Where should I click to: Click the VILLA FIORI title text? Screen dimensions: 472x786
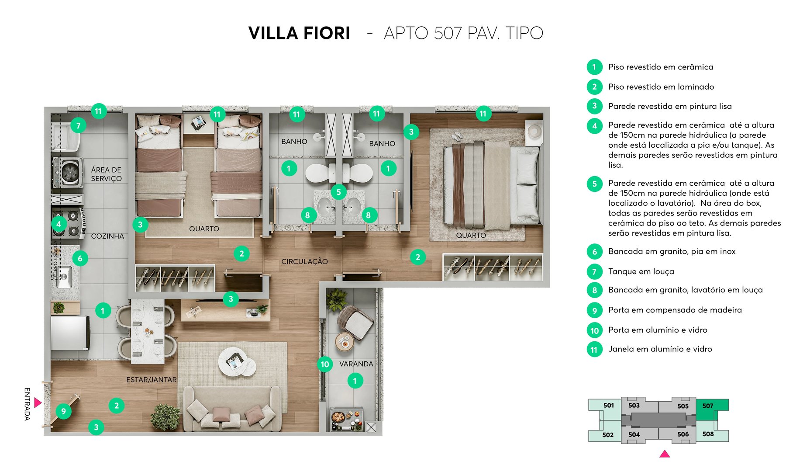299,33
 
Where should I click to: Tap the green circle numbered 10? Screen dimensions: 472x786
325,364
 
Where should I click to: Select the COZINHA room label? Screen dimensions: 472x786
107,236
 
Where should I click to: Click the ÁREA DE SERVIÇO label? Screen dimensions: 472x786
106,174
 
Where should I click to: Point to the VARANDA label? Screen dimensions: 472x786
356,364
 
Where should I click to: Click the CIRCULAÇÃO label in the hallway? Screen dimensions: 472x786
304,261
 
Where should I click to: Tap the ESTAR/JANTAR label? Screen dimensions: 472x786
151,380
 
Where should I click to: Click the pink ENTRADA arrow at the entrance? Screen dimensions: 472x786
38,403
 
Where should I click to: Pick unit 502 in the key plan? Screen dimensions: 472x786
607,435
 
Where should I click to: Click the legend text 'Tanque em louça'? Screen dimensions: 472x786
641,271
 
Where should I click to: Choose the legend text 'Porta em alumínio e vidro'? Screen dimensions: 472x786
658,330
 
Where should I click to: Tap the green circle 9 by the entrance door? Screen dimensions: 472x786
64,411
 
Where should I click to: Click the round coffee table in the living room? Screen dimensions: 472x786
236,361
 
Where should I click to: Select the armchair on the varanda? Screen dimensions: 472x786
356,322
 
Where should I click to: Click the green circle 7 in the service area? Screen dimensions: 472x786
78,126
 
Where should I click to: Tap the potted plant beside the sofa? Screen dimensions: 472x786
165,417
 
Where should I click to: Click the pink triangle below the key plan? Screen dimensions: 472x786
665,454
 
